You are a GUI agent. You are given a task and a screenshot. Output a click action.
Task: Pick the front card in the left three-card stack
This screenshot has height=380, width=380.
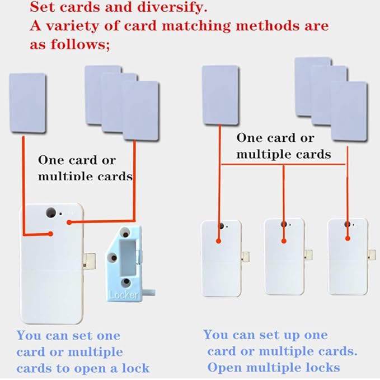pos(140,110)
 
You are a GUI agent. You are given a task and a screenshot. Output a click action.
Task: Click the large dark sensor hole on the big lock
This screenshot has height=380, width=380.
pos(50,213)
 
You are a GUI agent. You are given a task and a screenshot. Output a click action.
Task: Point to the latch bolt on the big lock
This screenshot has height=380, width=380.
pos(87,260)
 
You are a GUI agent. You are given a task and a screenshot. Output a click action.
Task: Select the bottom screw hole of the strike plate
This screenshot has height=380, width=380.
pos(127,282)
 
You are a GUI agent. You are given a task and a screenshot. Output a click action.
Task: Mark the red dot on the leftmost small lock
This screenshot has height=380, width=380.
pos(219,242)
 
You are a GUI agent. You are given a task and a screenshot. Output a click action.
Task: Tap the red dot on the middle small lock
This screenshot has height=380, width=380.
pos(284,241)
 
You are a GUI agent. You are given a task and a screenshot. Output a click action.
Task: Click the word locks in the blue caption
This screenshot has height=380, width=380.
pos(321,368)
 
